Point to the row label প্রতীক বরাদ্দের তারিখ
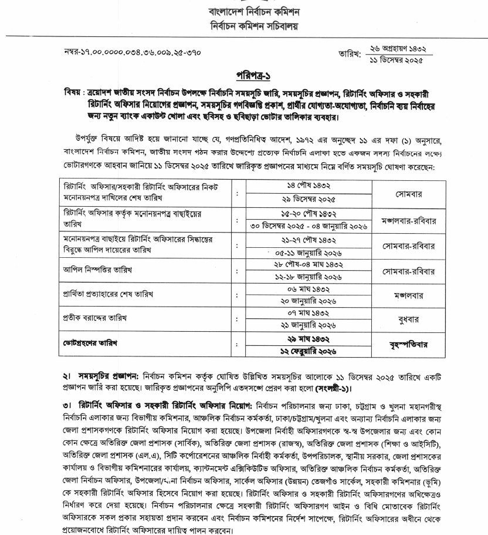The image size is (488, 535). pos(97,318)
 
